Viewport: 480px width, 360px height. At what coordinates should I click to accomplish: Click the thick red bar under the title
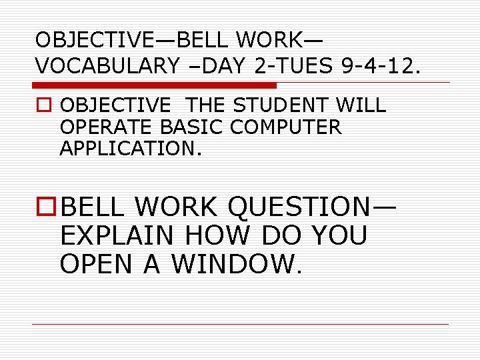[x=155, y=85]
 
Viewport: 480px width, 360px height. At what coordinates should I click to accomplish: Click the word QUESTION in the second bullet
[x=302, y=207]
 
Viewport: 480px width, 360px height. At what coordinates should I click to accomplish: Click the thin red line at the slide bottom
[x=240, y=325]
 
